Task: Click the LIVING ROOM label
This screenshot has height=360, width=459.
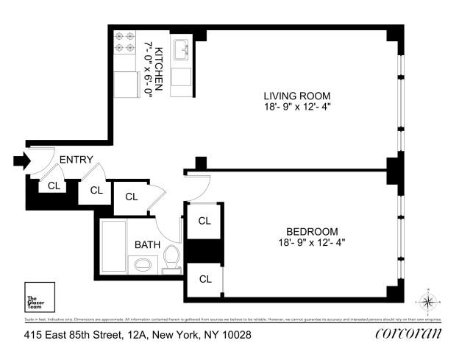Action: click(x=297, y=96)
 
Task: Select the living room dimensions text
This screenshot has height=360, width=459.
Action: click(x=297, y=107)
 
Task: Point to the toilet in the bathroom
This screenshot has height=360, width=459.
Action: click(x=171, y=259)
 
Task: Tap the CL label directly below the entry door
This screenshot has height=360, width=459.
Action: click(x=53, y=186)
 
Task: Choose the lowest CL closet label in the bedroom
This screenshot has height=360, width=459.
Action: click(x=204, y=279)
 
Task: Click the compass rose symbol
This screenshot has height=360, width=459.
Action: click(x=427, y=301)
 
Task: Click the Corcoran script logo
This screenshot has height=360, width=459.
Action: click(x=408, y=334)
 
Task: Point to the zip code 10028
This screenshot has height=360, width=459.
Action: click(x=236, y=335)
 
